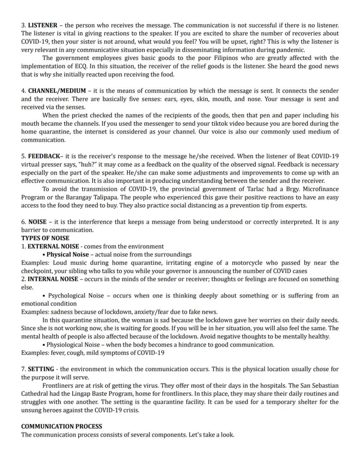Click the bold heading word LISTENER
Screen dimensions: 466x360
[43, 26]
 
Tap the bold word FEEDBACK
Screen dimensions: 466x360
[44, 156]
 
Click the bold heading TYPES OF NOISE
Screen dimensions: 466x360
[45, 238]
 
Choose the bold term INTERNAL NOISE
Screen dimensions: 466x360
[53, 279]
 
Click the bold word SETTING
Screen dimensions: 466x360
[41, 369]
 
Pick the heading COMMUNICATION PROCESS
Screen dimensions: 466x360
[62, 426]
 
